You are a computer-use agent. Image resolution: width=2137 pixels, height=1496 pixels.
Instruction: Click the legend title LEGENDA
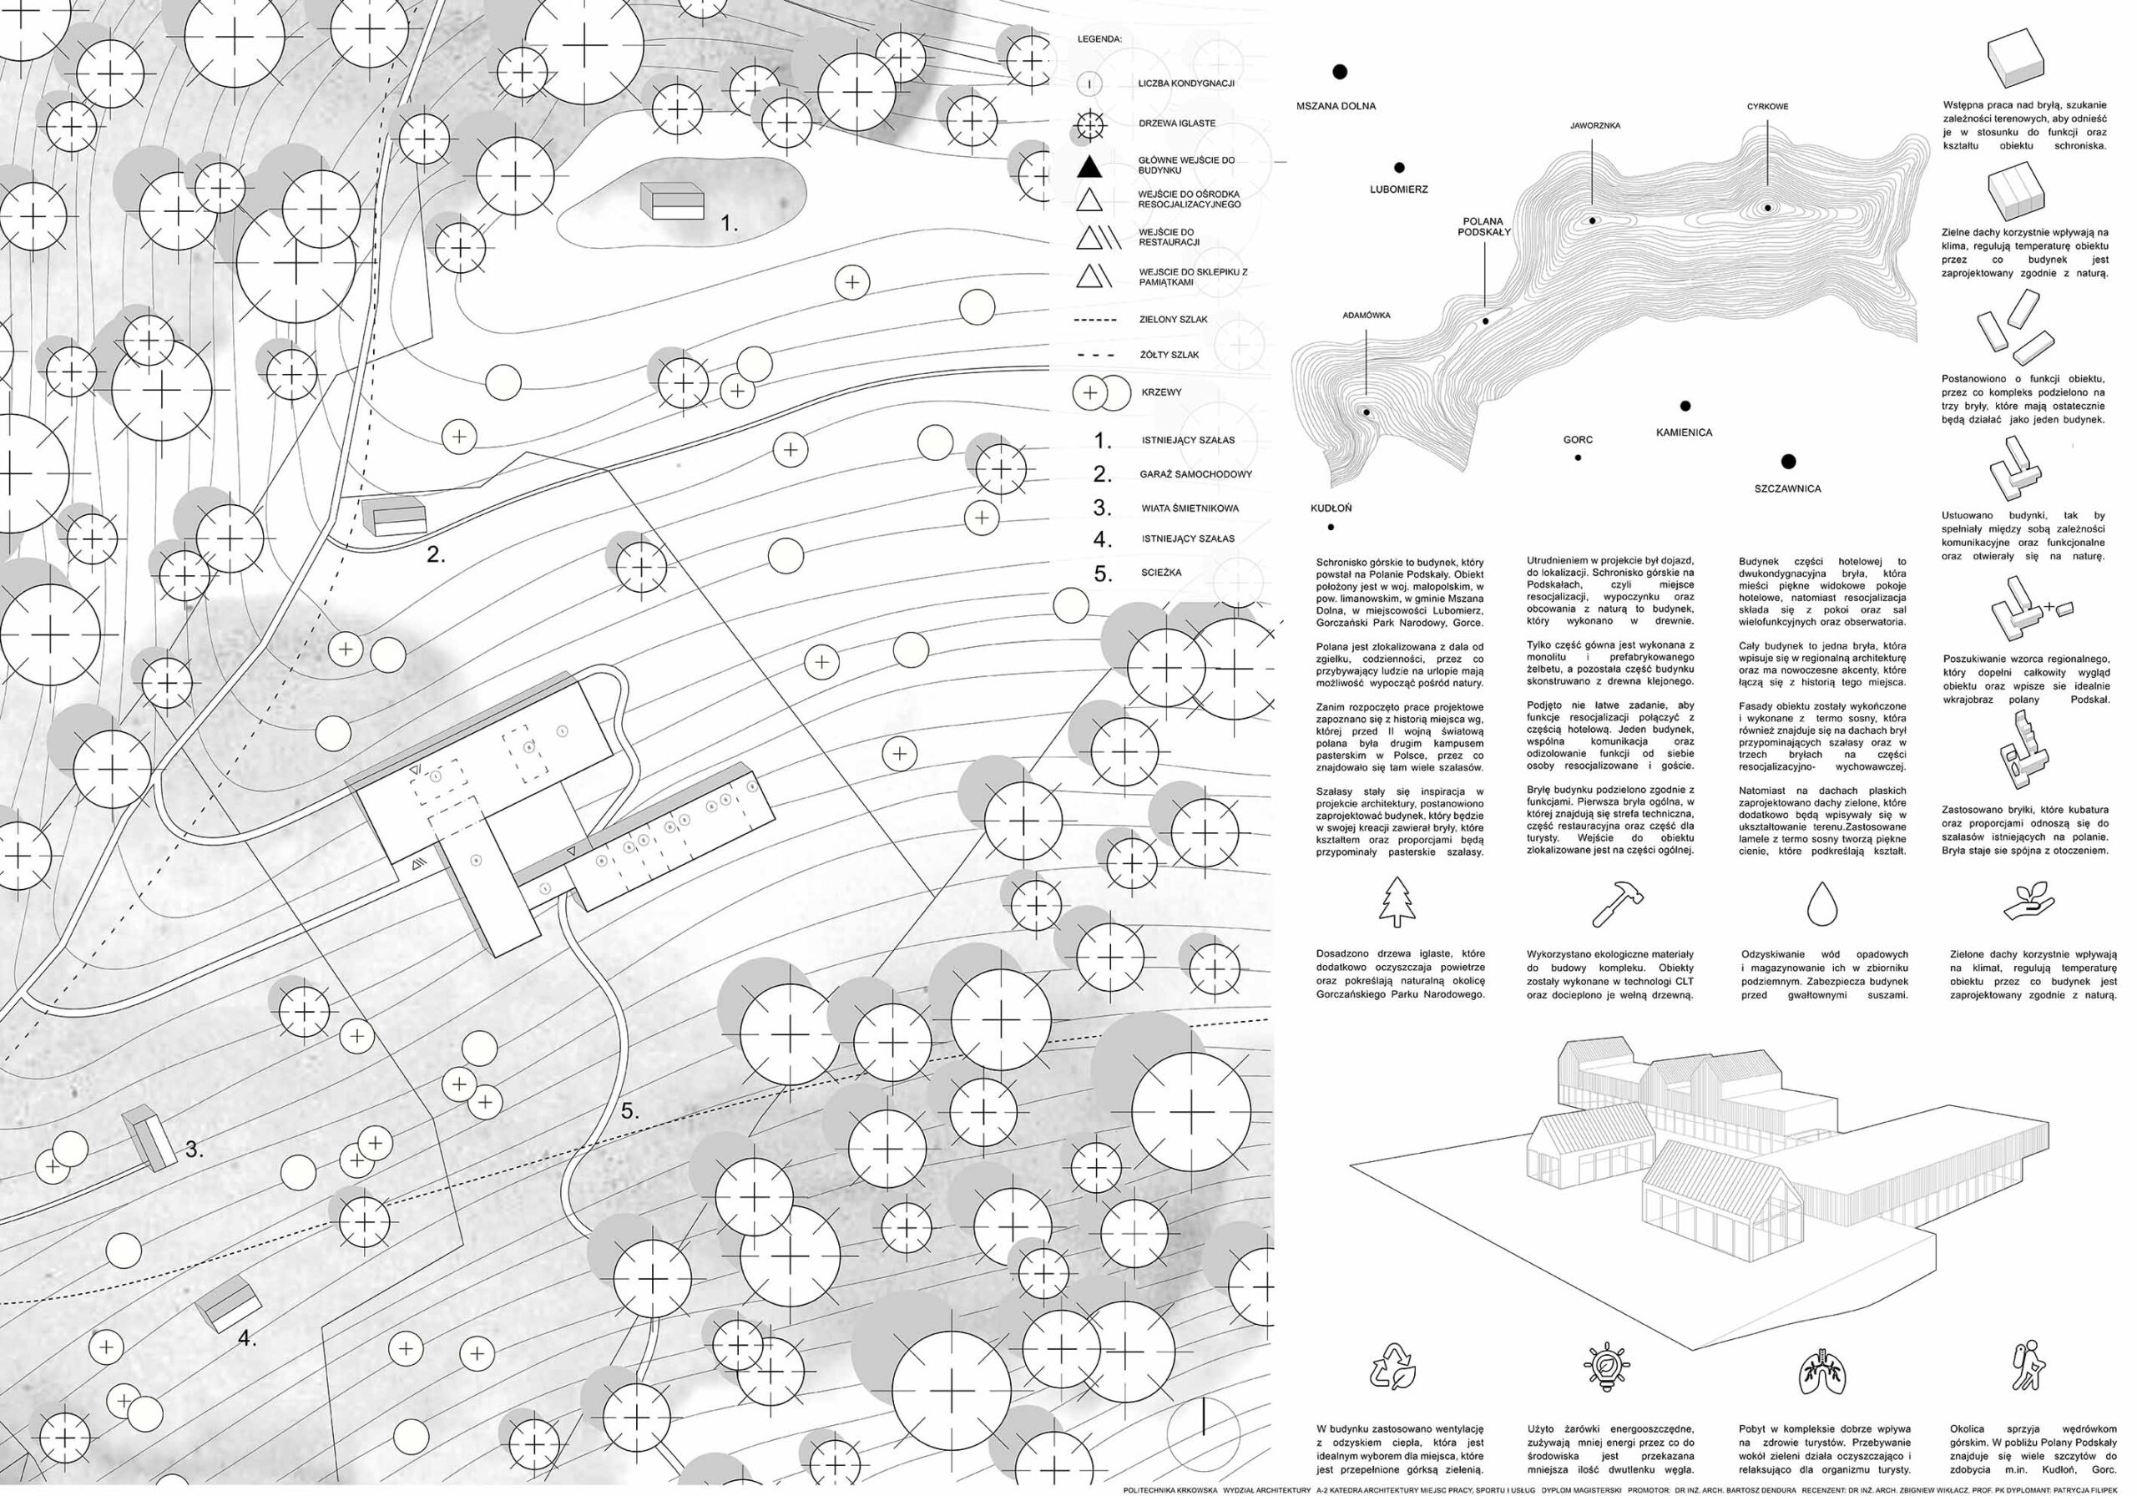click(1099, 40)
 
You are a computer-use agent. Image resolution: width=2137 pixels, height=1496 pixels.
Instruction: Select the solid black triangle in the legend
click(1089, 167)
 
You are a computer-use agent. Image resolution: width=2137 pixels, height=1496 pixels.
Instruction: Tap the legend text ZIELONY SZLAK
click(1173, 319)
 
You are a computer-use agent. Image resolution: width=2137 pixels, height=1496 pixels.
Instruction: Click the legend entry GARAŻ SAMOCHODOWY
click(1195, 474)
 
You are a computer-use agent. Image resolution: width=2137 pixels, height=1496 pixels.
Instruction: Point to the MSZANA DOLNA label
click(1336, 106)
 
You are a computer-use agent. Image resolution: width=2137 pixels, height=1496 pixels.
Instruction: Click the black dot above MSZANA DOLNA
click(1341, 72)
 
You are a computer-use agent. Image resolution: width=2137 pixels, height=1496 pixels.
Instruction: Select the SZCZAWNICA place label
click(1787, 488)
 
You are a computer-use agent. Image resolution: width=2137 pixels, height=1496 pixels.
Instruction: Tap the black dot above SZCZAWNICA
click(1788, 462)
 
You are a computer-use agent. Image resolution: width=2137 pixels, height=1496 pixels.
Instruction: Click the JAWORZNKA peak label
click(1594, 124)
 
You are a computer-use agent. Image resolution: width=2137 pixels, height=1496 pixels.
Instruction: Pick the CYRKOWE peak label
click(1766, 106)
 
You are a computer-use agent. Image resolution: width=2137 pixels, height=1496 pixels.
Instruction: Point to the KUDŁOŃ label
click(1331, 508)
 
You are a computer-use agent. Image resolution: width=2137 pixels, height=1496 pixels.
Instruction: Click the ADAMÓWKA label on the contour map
click(1367, 316)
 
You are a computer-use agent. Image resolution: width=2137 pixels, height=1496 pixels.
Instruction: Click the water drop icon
click(1821, 903)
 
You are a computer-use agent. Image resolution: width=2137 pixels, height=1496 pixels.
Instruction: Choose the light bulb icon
click(1605, 1367)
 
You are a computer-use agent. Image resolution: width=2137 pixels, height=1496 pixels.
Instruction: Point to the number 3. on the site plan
click(194, 1150)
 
